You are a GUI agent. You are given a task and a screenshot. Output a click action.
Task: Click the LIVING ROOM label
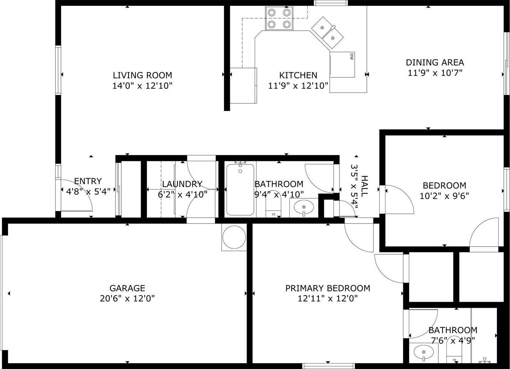[142, 75]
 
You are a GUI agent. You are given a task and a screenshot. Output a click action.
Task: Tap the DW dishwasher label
[351, 57]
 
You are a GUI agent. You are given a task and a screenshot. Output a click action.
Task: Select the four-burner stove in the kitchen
[279, 18]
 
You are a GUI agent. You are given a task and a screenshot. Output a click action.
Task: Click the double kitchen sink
[327, 33]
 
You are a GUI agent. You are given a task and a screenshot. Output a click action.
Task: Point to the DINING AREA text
[435, 62]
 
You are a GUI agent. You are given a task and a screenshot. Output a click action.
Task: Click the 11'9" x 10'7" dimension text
[435, 73]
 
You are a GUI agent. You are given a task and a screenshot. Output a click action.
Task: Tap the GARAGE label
[127, 288]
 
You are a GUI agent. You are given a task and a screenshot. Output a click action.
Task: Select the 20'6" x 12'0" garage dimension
[127, 298]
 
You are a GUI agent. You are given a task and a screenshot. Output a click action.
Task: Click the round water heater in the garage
[234, 237]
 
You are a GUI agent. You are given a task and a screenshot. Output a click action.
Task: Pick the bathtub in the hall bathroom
[240, 189]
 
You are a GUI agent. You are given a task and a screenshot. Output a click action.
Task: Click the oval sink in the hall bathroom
[304, 207]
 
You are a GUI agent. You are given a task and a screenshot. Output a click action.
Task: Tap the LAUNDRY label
[182, 184]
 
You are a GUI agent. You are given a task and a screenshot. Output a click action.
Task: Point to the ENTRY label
[88, 181]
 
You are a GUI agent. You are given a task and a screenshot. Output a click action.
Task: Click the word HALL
[364, 186]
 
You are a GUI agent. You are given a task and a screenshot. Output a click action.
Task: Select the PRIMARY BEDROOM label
[328, 288]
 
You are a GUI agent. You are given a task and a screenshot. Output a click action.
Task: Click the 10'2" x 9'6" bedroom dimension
[444, 196]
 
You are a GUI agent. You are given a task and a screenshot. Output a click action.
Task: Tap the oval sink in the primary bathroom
[424, 358]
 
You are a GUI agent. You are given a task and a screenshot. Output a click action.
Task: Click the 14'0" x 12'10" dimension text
[142, 86]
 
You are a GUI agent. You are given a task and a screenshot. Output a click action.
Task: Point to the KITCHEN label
[298, 75]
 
